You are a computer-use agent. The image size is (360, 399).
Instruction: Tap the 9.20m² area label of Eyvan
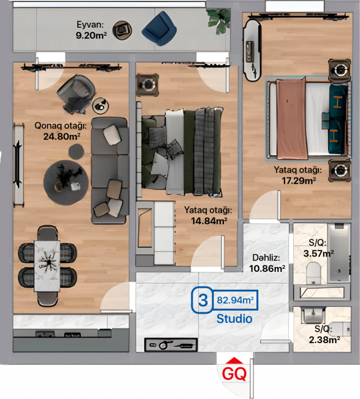[91, 35]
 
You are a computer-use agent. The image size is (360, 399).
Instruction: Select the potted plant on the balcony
[218, 21]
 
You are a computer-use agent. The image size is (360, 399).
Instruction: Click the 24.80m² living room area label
[62, 136]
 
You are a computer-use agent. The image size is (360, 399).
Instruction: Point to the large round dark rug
[66, 182]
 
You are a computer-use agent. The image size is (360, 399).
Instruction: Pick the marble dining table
[47, 266]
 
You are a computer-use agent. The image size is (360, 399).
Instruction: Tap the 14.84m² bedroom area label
[209, 221]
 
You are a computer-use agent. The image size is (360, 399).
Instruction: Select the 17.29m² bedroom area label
[299, 180]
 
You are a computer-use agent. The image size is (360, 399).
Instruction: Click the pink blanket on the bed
[292, 118]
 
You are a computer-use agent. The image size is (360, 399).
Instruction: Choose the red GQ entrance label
[234, 374]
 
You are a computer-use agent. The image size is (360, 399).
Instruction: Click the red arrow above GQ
[234, 360]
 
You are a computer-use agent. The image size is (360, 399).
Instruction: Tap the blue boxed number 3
[202, 300]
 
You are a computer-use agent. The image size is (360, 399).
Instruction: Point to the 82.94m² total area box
[235, 300]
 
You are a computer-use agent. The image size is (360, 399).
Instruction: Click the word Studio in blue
[234, 319]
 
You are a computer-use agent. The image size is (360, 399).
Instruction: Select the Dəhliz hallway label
[266, 258]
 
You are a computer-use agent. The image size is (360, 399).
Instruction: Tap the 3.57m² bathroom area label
[318, 254]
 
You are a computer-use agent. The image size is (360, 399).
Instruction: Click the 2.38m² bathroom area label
[324, 339]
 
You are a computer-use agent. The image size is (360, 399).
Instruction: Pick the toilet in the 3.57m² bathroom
[314, 273]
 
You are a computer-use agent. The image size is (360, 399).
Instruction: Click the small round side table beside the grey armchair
[101, 106]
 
